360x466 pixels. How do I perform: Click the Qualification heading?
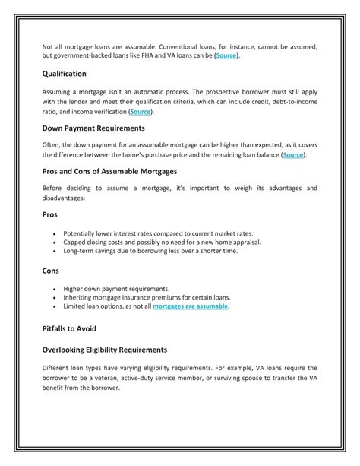[x=64, y=74]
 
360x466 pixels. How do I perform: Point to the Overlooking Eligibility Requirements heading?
[x=104, y=350]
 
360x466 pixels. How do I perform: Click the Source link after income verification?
[x=141, y=112]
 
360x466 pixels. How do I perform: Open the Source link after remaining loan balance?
[x=294, y=155]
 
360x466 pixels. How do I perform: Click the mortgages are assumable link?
[x=190, y=306]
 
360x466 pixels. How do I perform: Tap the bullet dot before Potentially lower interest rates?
[x=55, y=233]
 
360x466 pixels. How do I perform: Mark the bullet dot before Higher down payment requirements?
[x=55, y=289]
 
